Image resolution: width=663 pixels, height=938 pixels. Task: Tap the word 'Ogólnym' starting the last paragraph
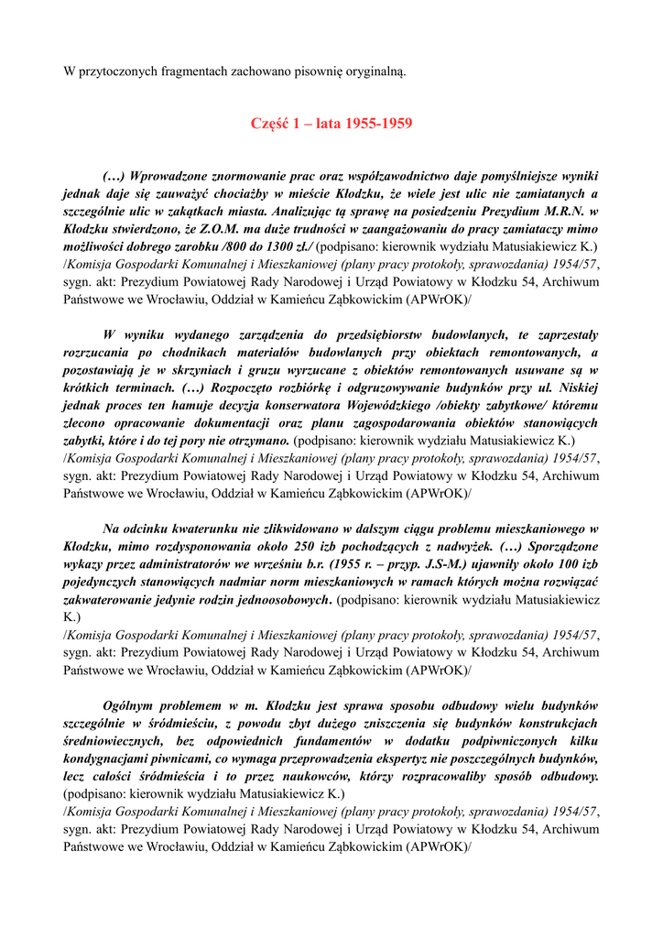(x=129, y=705)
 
